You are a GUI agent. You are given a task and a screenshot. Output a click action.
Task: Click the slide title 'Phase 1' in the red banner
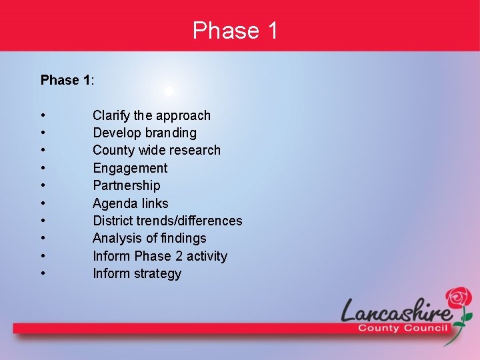coord(235,31)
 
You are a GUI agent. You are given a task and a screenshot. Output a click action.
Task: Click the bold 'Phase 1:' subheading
coord(67,80)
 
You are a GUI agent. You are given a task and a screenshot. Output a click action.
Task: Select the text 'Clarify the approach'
coord(151,115)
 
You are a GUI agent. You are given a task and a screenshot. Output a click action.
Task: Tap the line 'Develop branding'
coord(144,133)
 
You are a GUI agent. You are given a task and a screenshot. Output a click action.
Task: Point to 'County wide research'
coord(156,150)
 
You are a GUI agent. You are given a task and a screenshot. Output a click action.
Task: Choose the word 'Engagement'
coord(130,168)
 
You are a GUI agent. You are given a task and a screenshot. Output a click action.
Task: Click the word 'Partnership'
coord(126,185)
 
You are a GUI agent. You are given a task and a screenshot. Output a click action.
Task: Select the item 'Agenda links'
coord(130,203)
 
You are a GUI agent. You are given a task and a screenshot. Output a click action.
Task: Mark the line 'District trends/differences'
coord(167,221)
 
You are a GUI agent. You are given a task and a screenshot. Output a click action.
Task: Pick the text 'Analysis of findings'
coord(149,238)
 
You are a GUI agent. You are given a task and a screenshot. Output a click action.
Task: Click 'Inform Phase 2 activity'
coord(159,256)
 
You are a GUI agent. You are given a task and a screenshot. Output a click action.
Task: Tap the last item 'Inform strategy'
coord(137,273)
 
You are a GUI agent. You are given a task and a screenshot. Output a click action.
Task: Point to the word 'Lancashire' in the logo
coord(396,311)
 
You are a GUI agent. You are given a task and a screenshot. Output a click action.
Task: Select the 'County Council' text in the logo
coord(403,328)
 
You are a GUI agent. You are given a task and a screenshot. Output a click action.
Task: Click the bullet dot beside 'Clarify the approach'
coord(43,116)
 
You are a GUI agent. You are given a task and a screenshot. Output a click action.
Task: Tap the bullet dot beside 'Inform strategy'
coord(43,274)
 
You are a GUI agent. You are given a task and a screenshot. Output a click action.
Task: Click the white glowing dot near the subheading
coord(169,91)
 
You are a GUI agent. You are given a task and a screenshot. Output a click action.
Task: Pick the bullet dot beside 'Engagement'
coord(43,169)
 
